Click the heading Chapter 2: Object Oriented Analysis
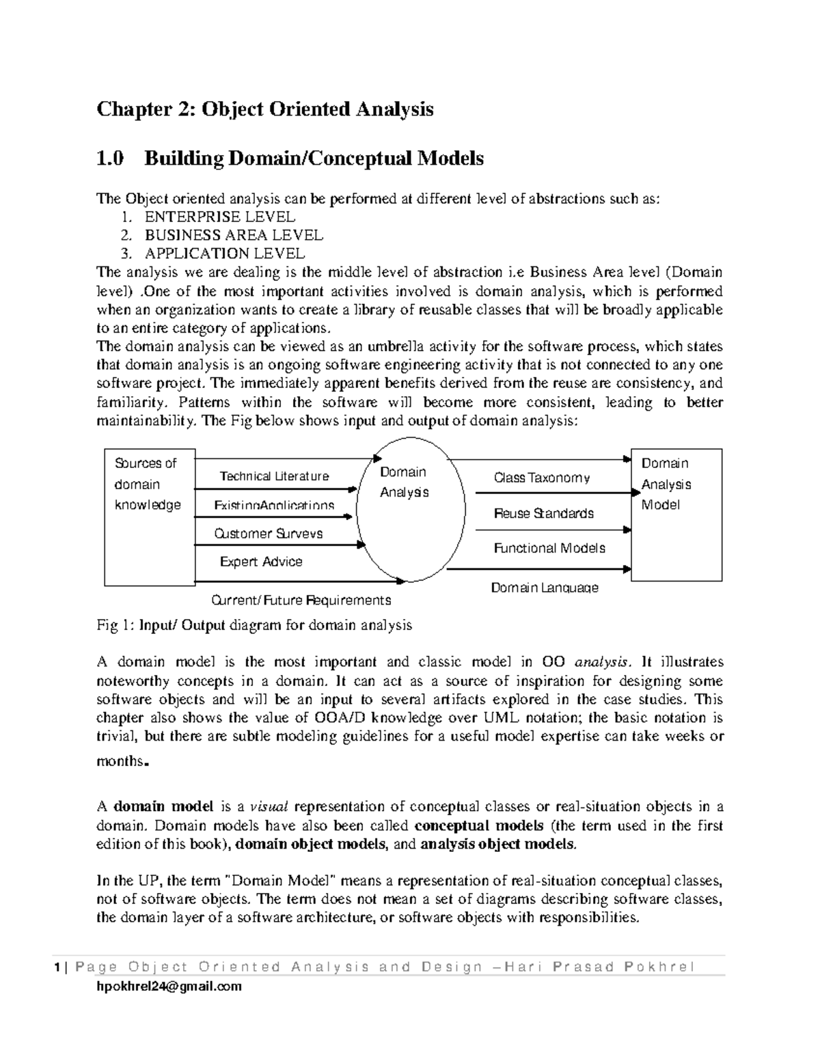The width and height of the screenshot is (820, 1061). [x=265, y=109]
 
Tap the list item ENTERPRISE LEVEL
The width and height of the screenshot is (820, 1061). [x=219, y=217]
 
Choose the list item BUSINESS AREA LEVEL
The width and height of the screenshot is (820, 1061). [x=234, y=236]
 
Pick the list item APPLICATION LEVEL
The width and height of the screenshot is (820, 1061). [x=225, y=254]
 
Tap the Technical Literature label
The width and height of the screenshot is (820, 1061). [x=274, y=476]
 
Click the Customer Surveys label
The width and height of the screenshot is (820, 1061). [x=269, y=534]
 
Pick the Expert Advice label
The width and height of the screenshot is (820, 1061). [x=261, y=562]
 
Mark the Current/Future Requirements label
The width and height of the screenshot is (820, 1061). [x=301, y=600]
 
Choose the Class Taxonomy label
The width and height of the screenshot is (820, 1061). [x=542, y=478]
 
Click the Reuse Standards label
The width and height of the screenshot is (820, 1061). [x=544, y=513]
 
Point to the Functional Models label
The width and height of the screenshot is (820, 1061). [x=549, y=548]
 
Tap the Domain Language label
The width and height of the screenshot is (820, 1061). [x=545, y=588]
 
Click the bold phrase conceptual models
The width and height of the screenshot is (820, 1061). [x=479, y=825]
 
